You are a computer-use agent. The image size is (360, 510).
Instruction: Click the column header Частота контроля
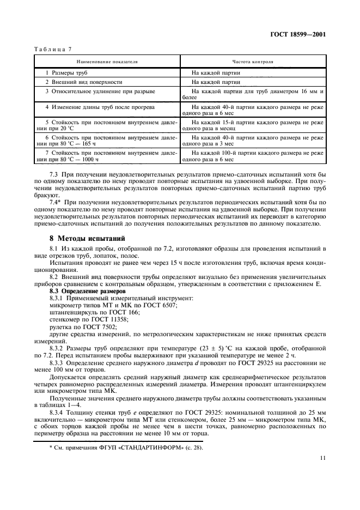pos(253,62)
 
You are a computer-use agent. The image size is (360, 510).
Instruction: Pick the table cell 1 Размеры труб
pos(63,72)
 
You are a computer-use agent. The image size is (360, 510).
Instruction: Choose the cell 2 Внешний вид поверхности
pos(76,82)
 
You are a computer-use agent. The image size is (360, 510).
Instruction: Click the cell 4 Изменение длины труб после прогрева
pos(92,107)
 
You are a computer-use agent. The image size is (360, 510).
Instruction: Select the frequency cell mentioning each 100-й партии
pos(253,156)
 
